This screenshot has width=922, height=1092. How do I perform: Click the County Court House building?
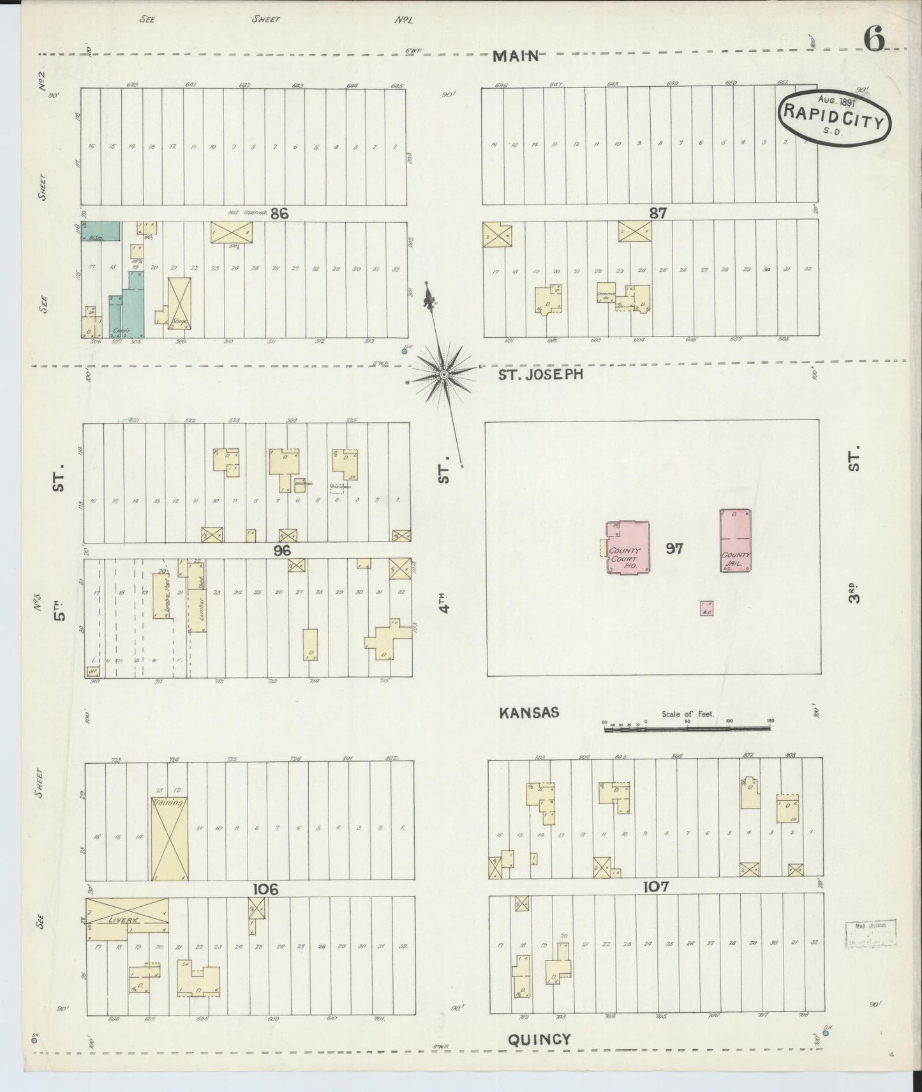coord(628,547)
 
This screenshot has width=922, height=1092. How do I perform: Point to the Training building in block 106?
coord(169,839)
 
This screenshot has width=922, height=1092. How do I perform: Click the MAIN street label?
coord(516,57)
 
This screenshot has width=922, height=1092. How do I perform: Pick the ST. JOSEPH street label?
coord(540,374)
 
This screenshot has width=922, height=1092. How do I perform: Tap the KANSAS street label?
coord(529,712)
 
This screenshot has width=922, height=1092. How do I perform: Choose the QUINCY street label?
coord(539,1040)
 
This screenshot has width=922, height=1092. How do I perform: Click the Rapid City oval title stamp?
coord(834,114)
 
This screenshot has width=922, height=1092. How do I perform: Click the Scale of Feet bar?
coord(687,727)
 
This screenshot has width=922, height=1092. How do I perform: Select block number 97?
coord(674,549)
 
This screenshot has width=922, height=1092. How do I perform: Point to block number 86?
coord(279,214)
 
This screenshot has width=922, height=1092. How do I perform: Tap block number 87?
coord(657,213)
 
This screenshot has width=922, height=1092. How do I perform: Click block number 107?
coord(656,886)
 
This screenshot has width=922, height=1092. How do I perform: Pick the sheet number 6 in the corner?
coord(874,40)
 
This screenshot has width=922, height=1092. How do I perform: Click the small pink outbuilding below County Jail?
coord(706,608)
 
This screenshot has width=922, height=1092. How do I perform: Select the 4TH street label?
coord(445,600)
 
